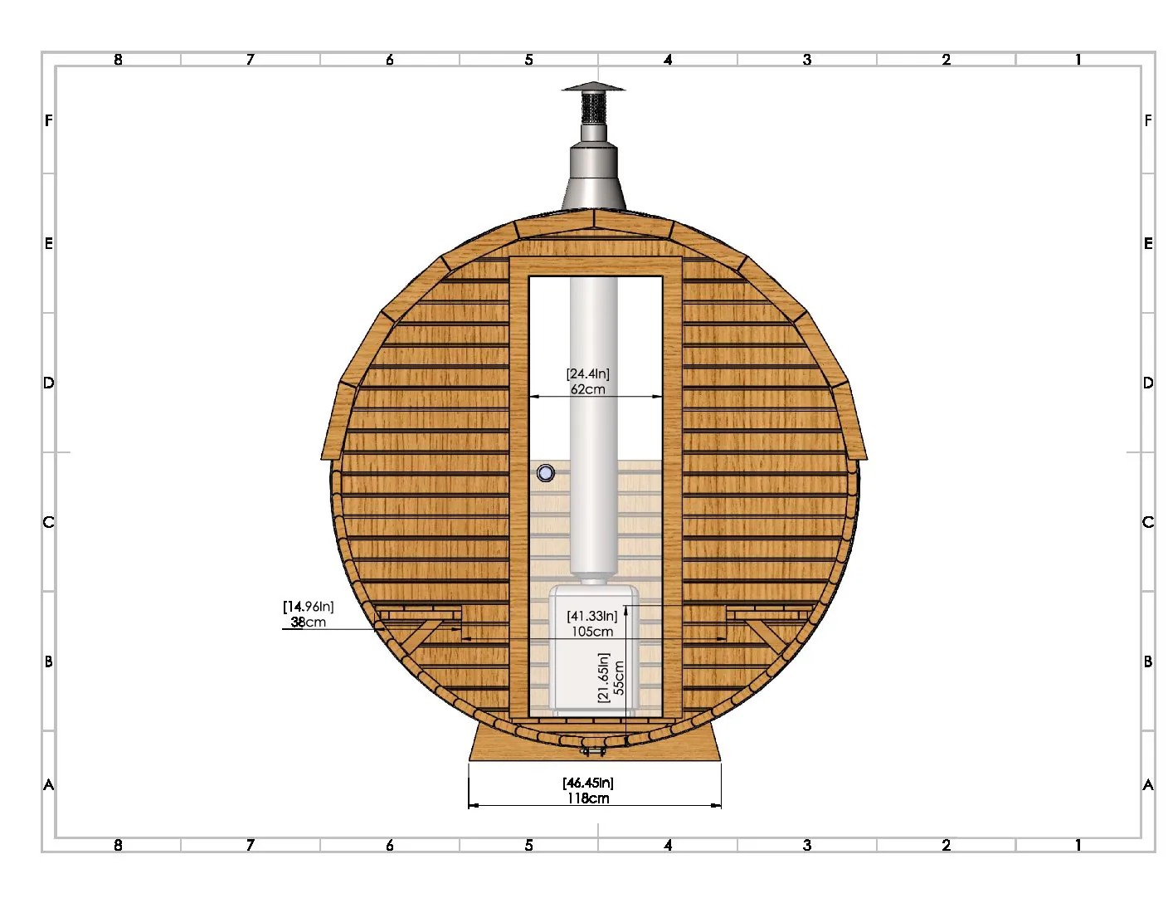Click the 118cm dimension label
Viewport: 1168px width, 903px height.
[x=588, y=798]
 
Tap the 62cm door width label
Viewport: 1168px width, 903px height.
[x=587, y=389]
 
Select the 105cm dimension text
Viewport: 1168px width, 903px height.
[x=591, y=632]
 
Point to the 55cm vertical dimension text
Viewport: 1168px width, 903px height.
[x=619, y=677]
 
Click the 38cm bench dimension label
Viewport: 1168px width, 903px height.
[x=308, y=622]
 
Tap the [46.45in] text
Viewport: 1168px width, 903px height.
[x=588, y=783]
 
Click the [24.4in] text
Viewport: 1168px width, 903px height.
[x=587, y=373]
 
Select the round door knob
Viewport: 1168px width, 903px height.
[x=546, y=473]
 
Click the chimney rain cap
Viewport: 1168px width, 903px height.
[x=593, y=87]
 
